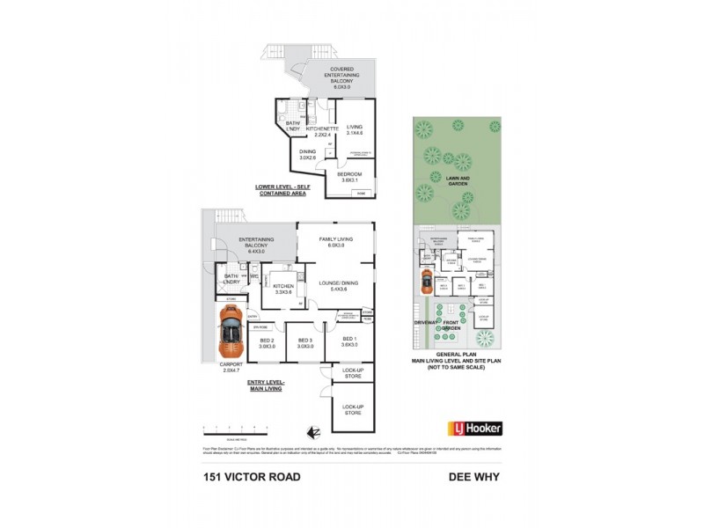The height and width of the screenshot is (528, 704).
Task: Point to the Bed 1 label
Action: click(x=350, y=342)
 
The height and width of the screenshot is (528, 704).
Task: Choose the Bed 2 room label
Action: click(x=268, y=343)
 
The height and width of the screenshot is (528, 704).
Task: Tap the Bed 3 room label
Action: click(x=306, y=343)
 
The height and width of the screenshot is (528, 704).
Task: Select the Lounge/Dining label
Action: click(x=336, y=285)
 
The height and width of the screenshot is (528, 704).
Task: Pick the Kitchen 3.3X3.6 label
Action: click(x=283, y=289)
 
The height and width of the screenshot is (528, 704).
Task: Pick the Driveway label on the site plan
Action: click(x=426, y=323)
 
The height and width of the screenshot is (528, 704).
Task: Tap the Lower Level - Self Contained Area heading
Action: click(x=282, y=190)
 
